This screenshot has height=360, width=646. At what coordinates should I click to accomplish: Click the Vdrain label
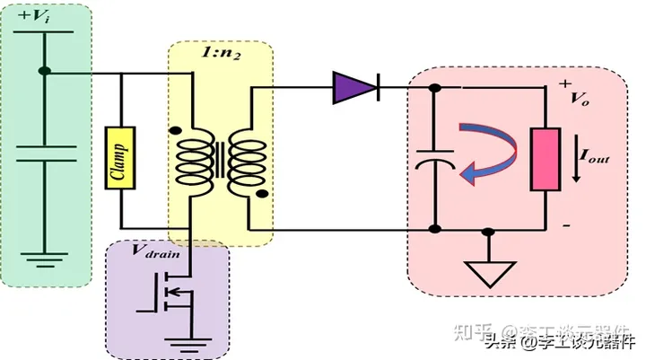(x=161, y=253)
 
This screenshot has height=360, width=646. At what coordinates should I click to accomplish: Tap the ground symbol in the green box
(x=44, y=259)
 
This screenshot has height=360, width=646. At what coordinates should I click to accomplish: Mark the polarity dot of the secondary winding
(x=262, y=193)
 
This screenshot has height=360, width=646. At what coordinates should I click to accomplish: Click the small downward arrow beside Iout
(x=575, y=171)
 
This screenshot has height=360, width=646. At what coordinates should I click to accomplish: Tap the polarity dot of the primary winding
(x=174, y=130)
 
